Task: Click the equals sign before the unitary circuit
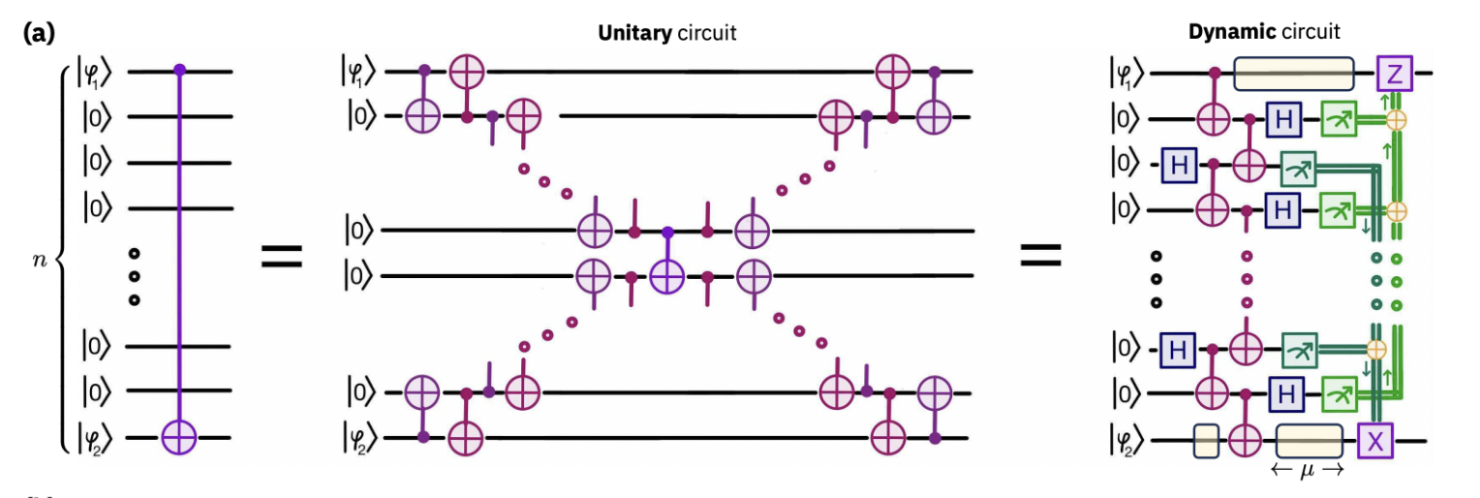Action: tap(282, 256)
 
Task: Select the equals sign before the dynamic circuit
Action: tap(1040, 256)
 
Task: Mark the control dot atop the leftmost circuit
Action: tap(179, 71)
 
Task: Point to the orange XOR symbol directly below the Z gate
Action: tap(1395, 119)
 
